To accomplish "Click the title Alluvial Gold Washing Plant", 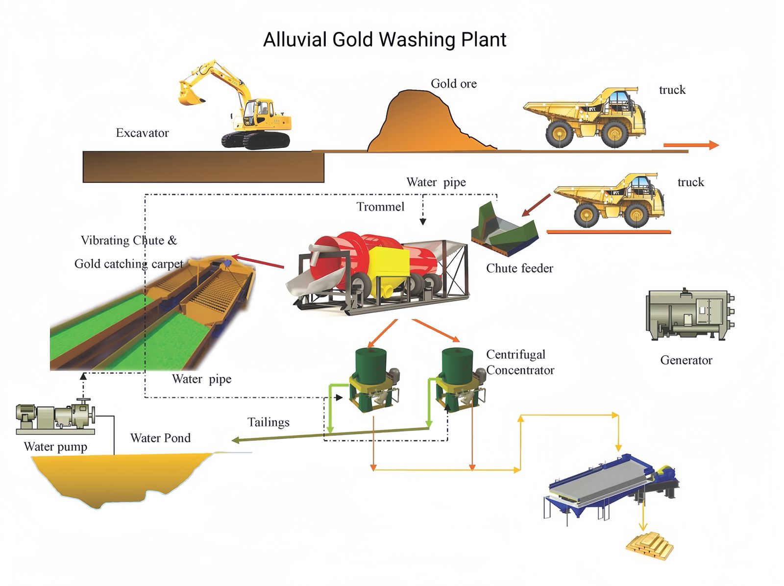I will pyautogui.click(x=385, y=40).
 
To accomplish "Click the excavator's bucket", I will pyautogui.click(x=190, y=95).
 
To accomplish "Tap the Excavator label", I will pyautogui.click(x=142, y=133).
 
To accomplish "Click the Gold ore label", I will pyautogui.click(x=453, y=84).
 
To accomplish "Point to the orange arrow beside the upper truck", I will pyautogui.click(x=690, y=145).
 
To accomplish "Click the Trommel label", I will pyautogui.click(x=380, y=207).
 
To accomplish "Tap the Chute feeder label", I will pyautogui.click(x=519, y=269).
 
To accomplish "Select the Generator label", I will pyautogui.click(x=686, y=360).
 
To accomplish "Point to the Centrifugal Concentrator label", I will pyautogui.click(x=519, y=362).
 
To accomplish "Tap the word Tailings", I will pyautogui.click(x=268, y=422).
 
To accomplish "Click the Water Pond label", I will pyautogui.click(x=160, y=438).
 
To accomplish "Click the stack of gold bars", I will pyautogui.click(x=650, y=544).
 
